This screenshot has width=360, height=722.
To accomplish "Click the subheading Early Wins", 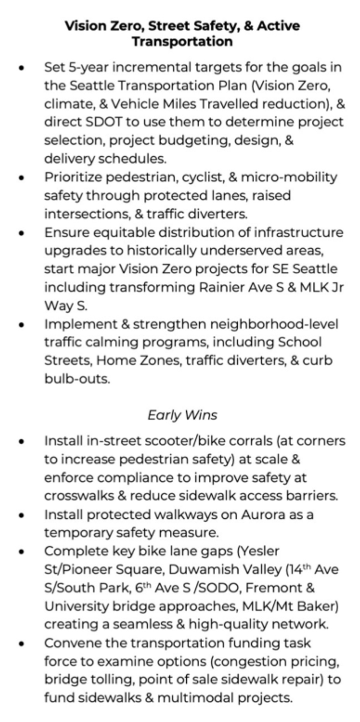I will [182, 415].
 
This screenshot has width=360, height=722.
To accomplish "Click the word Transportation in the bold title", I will [182, 41].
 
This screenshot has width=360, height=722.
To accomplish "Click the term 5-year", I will [84, 68].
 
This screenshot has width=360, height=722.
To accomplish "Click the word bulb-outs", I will [77, 379].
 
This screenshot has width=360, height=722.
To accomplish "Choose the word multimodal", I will [195, 698].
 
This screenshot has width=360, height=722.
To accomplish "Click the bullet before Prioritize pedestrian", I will [22, 178].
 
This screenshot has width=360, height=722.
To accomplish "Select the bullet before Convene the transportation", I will [22, 643].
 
